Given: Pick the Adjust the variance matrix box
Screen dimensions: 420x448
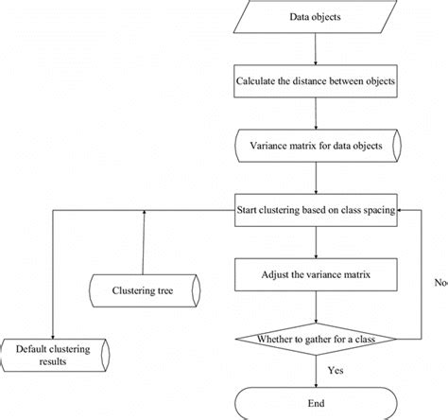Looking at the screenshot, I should coord(316,277).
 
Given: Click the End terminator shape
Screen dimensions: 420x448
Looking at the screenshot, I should coord(316,402).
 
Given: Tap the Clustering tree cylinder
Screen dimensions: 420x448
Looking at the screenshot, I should coord(144,290).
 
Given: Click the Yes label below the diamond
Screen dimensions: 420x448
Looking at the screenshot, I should coord(334,371).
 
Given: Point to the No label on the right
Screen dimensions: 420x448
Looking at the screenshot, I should coord(440,282).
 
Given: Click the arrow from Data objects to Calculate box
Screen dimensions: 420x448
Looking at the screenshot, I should coord(316,49).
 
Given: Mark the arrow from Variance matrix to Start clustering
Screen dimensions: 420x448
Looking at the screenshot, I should coord(316,179).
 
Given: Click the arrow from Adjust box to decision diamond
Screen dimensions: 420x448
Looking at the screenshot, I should coord(316,307).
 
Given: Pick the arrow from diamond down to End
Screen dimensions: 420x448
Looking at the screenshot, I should coord(316,371).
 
